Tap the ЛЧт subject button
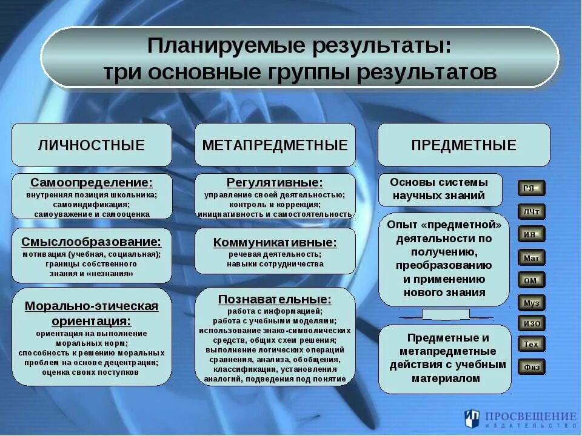(x=531, y=211)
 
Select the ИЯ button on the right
(x=531, y=234)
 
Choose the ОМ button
(x=531, y=280)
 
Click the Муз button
(x=531, y=302)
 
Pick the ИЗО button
(x=531, y=323)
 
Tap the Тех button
(x=531, y=345)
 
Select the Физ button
(x=531, y=366)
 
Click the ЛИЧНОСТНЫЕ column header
(x=92, y=145)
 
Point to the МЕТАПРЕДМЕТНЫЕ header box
(x=275, y=145)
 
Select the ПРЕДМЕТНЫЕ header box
(x=464, y=145)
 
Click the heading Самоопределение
(x=92, y=182)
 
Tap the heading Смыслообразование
(x=92, y=242)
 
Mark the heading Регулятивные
(x=275, y=182)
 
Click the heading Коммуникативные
(x=275, y=242)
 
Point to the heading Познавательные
(x=275, y=299)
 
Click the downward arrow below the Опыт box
(x=445, y=314)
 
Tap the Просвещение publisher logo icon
(x=472, y=418)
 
